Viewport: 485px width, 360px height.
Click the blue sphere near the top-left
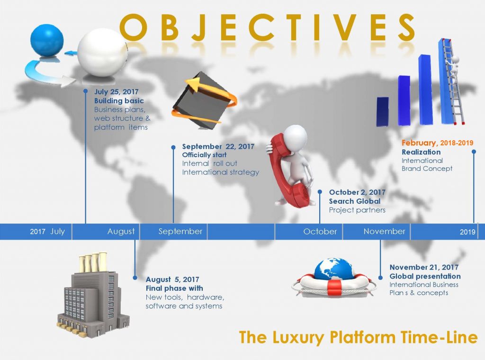click(x=47, y=41)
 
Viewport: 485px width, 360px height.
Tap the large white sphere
click(x=102, y=53)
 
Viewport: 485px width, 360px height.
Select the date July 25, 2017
click(x=117, y=91)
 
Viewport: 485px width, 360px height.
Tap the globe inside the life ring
click(x=334, y=269)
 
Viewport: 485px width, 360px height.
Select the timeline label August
click(x=121, y=231)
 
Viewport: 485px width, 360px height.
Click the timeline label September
click(x=180, y=231)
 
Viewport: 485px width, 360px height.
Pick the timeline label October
click(x=320, y=231)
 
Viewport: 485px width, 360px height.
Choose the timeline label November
click(x=385, y=231)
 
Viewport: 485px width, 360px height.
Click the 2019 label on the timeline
click(x=467, y=232)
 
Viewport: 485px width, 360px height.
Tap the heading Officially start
click(x=204, y=154)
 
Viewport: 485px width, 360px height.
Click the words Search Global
click(x=355, y=201)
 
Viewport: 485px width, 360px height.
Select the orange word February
click(x=419, y=143)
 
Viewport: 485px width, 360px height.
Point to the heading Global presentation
click(x=425, y=276)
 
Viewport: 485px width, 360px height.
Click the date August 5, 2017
click(x=172, y=279)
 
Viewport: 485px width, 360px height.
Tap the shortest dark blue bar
click(x=383, y=112)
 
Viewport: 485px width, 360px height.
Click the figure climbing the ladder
click(x=453, y=66)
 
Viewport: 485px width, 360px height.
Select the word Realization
click(x=421, y=152)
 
